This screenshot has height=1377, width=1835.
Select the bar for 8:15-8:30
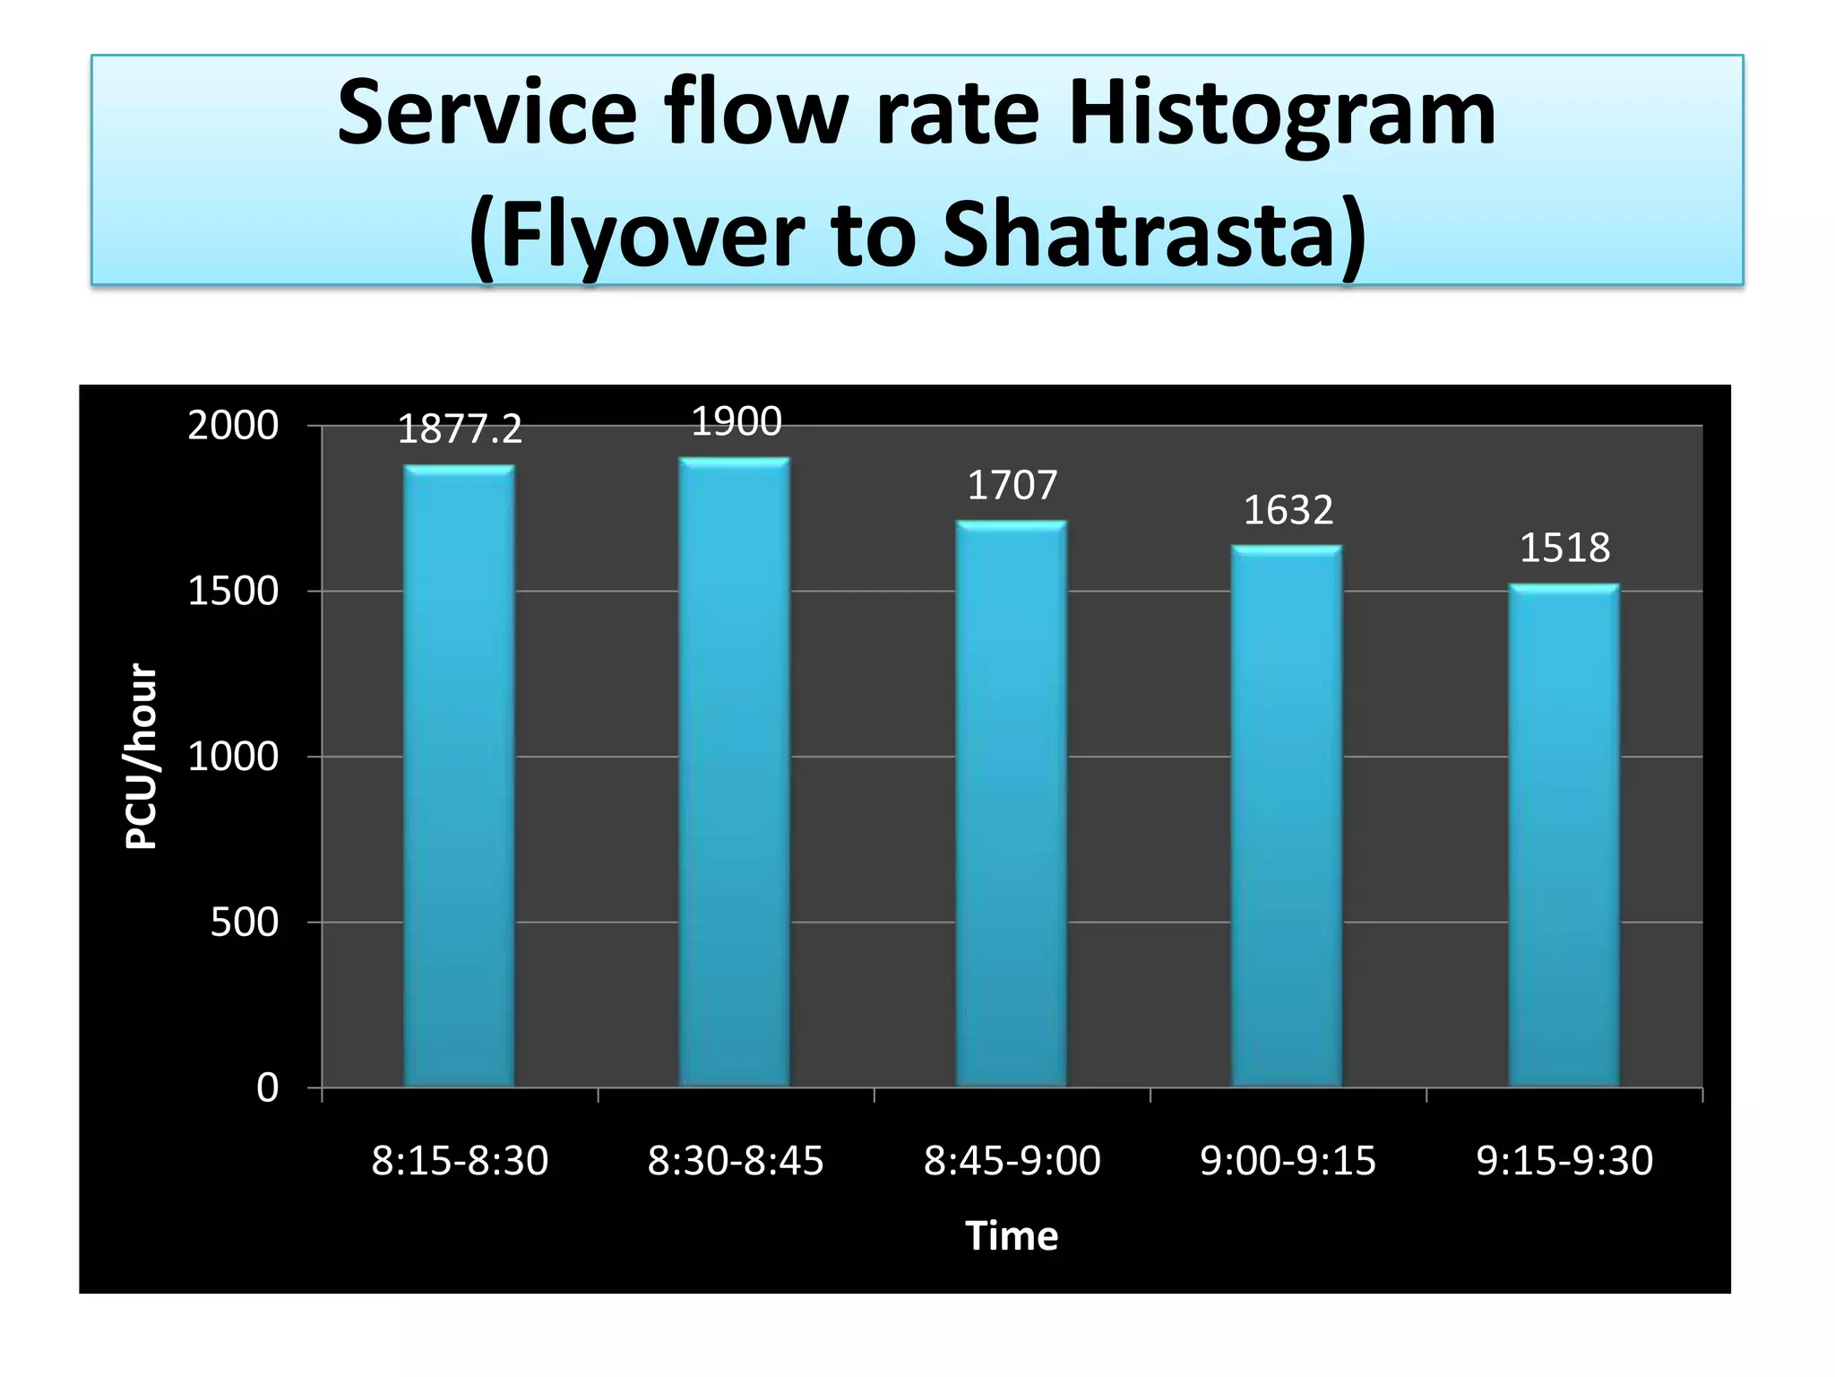(x=459, y=775)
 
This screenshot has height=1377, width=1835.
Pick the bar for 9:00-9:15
(x=1288, y=816)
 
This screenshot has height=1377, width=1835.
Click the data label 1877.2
(x=459, y=429)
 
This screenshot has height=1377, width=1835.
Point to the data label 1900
(x=737, y=421)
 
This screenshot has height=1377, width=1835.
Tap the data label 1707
(x=1012, y=485)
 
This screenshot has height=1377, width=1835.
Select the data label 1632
(x=1288, y=510)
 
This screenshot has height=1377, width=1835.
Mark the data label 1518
(x=1564, y=548)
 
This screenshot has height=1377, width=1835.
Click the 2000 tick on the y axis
(x=233, y=425)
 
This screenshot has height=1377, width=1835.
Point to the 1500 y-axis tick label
(x=233, y=591)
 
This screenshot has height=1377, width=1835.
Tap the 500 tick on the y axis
(x=244, y=922)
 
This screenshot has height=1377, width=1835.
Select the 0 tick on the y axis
(x=267, y=1087)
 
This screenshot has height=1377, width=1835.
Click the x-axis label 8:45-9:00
(x=1012, y=1160)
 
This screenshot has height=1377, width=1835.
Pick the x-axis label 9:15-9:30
(x=1564, y=1160)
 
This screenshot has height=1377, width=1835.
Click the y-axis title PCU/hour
(x=141, y=756)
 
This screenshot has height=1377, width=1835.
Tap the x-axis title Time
(x=1012, y=1235)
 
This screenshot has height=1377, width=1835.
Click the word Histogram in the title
(x=1281, y=115)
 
